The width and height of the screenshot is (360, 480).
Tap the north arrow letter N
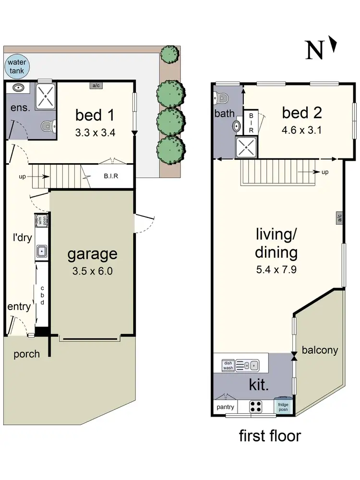[x=315, y=50]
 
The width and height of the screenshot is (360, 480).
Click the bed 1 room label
[x=96, y=115]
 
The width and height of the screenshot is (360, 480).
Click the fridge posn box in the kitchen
[x=283, y=407]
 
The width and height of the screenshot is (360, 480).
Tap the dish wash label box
[x=228, y=366]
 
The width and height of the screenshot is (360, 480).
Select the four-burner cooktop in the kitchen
[x=256, y=407]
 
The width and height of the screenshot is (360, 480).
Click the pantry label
[x=225, y=408]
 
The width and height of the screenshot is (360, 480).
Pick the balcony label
[x=320, y=350]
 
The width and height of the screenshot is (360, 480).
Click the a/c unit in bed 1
[x=96, y=85]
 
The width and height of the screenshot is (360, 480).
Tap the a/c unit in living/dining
[x=339, y=218]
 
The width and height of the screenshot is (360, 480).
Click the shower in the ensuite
[x=47, y=95]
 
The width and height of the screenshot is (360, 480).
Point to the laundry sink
[x=42, y=251]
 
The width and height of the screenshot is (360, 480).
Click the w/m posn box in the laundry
[x=41, y=221]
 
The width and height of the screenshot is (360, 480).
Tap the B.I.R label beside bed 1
[x=111, y=176]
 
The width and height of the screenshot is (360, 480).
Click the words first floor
[x=270, y=436]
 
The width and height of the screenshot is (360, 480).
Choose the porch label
[x=26, y=354]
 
